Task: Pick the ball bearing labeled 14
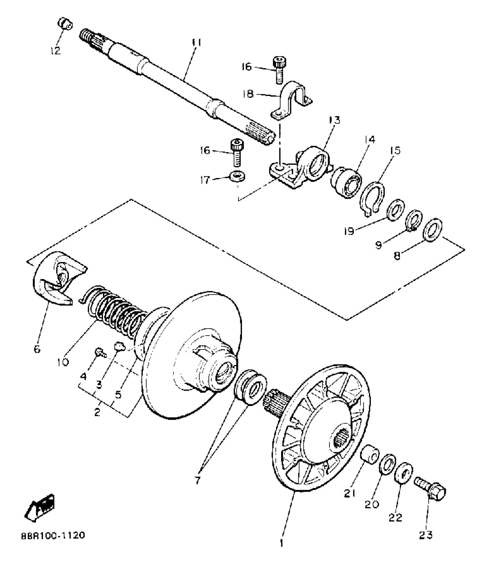tap(346, 182)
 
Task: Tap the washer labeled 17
tap(237, 176)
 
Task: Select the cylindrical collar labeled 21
tap(370, 453)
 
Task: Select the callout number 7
tap(197, 480)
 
